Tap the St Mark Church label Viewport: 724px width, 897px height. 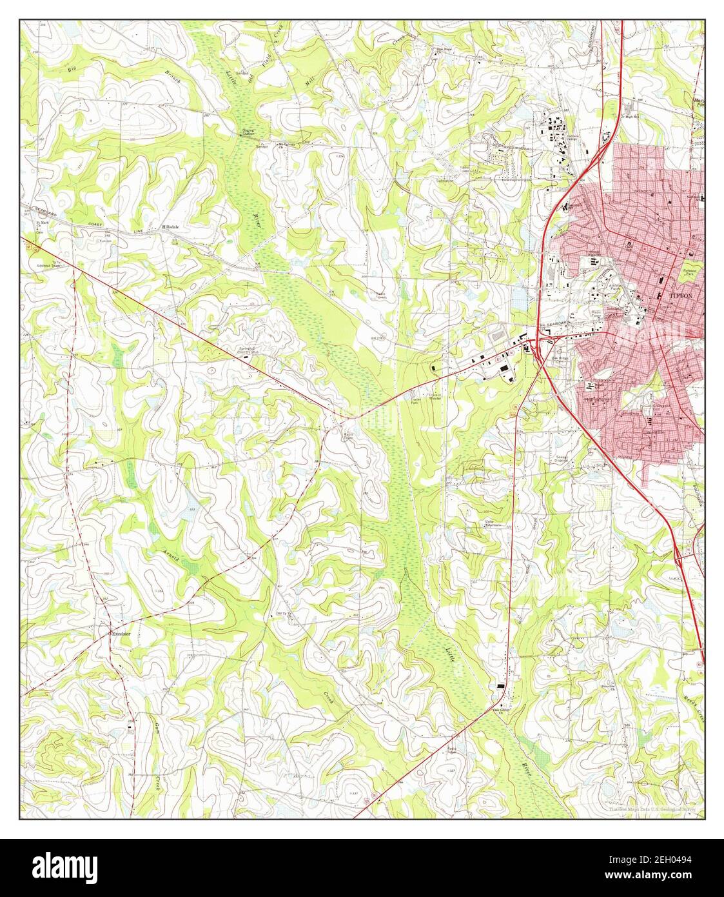coord(43,224)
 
